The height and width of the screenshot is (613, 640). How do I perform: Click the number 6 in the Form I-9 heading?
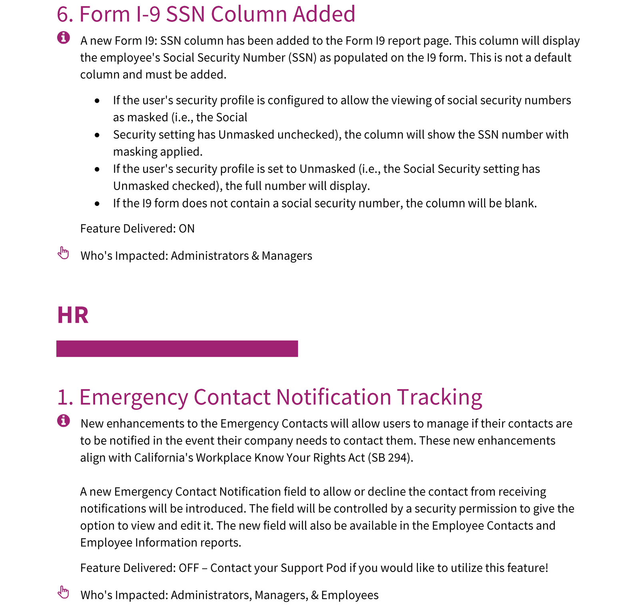click(x=64, y=14)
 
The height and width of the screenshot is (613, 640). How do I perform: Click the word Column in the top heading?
click(x=248, y=14)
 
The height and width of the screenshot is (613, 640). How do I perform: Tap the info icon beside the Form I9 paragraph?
click(x=63, y=38)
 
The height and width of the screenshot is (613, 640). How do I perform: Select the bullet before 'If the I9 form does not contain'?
click(x=97, y=204)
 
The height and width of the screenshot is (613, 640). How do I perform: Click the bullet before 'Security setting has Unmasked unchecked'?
click(x=97, y=135)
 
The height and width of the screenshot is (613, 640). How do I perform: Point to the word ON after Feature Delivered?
click(x=186, y=229)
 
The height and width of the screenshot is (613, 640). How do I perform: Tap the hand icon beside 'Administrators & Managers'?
click(x=63, y=253)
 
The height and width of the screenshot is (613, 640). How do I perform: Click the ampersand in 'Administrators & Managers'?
click(x=255, y=256)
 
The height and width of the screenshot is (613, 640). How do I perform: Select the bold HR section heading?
click(x=72, y=315)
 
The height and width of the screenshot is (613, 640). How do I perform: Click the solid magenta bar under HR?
click(x=177, y=349)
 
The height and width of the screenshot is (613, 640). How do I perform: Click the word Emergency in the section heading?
click(x=133, y=397)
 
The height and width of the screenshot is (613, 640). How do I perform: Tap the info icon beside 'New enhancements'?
click(x=63, y=421)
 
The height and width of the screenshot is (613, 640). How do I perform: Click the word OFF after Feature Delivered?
click(x=189, y=568)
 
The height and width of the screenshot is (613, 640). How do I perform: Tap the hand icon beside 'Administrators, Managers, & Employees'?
click(x=63, y=592)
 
